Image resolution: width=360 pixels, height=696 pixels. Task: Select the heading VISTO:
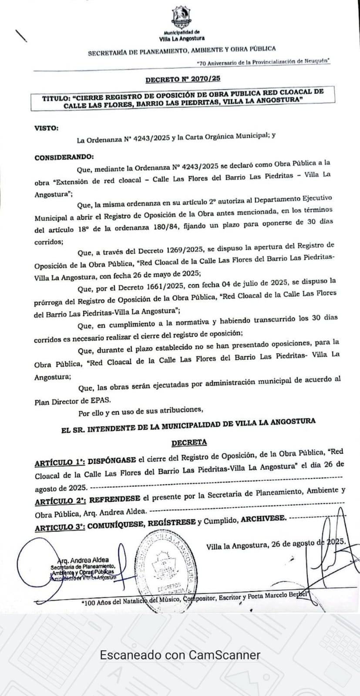(46, 128)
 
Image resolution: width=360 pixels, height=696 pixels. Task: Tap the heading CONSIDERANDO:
(64, 157)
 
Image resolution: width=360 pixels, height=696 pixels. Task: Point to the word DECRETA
(189, 442)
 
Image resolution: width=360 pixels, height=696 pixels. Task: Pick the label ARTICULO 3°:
(60, 527)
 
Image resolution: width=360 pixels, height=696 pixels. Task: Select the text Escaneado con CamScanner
(180, 655)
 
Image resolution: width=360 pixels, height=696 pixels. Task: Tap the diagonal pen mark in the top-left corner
(20, 36)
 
